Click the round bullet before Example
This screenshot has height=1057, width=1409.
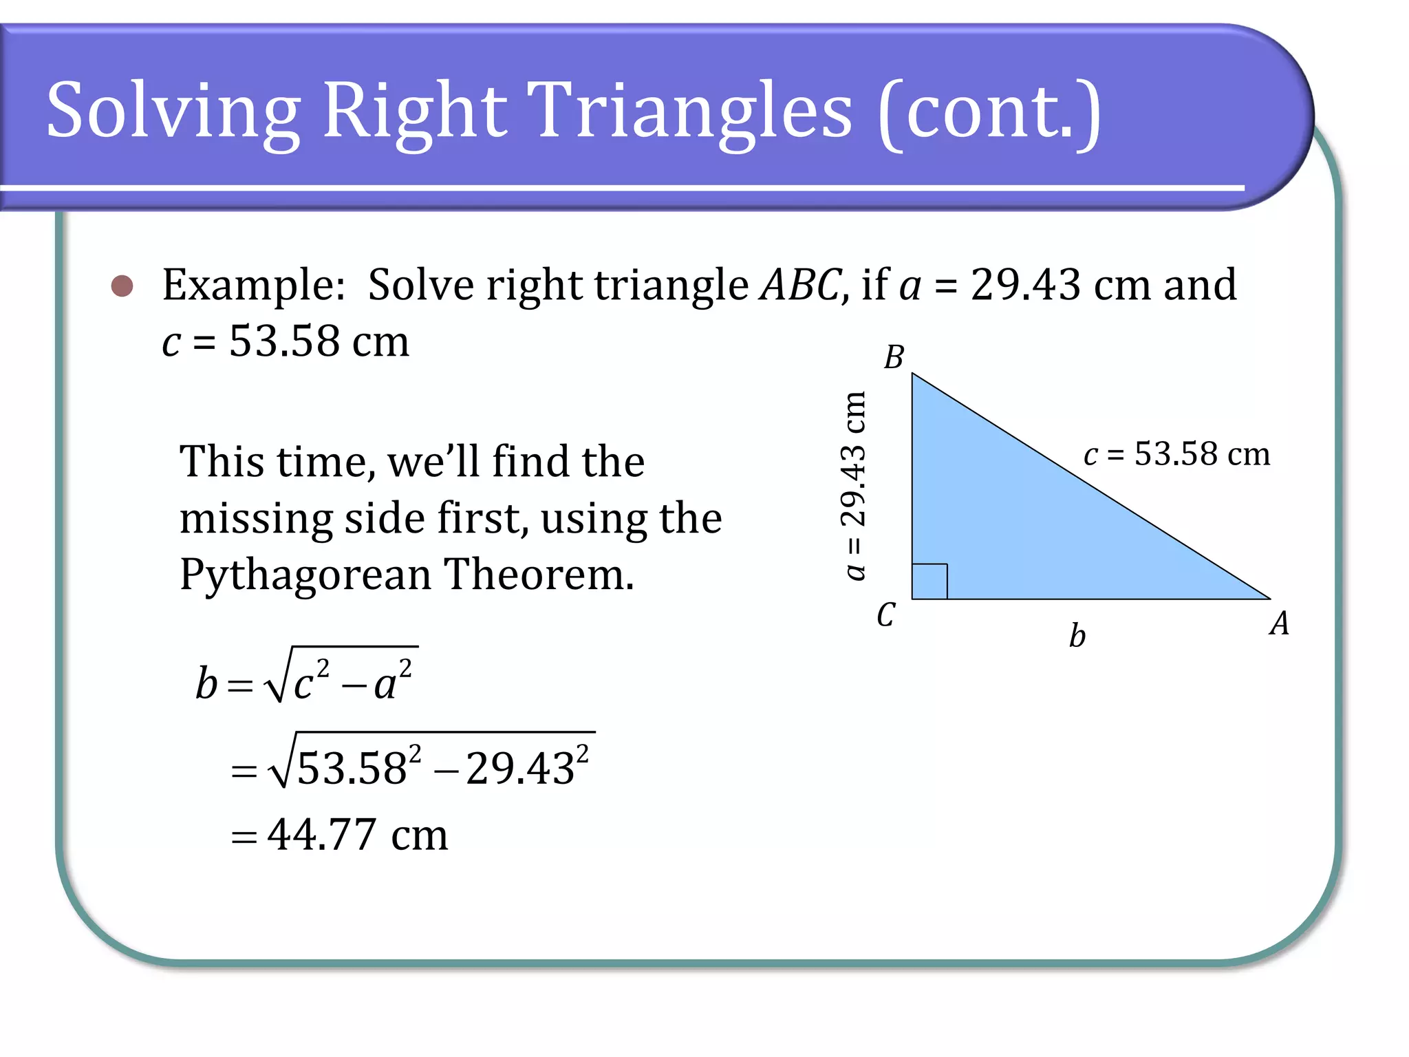(x=122, y=286)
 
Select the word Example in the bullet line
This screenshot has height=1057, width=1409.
(x=252, y=285)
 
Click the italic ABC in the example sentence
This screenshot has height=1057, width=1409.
(x=799, y=285)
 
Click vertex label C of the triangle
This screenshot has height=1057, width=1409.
(x=886, y=615)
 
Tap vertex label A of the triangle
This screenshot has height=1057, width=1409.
(x=1279, y=624)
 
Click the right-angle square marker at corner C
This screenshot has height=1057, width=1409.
(x=929, y=581)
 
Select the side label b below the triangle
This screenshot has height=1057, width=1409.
(x=1077, y=636)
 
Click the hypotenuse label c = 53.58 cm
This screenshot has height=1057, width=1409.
(x=1176, y=454)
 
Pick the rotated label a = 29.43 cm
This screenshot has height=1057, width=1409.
(x=854, y=486)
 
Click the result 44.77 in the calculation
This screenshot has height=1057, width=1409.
(x=322, y=835)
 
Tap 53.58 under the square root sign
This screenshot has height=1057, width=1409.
(x=352, y=769)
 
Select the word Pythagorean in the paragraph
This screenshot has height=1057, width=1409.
(x=305, y=575)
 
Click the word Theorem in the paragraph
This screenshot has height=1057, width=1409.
(x=538, y=574)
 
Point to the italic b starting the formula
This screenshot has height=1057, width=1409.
(x=206, y=683)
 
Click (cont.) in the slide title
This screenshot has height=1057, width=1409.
(x=989, y=112)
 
